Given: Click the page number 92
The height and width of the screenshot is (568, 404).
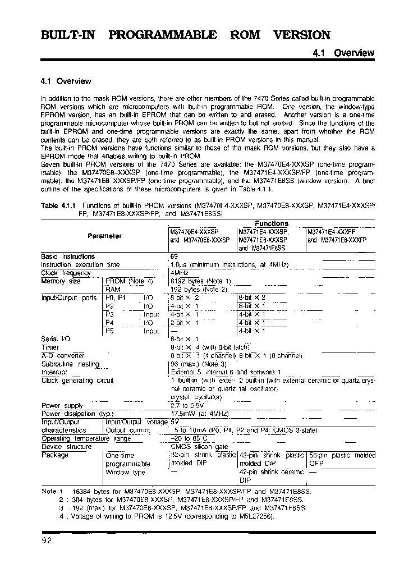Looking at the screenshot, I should tap(47, 540).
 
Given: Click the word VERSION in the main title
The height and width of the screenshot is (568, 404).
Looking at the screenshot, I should tap(301, 35).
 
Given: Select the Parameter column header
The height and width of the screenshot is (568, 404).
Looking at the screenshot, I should tap(104, 236).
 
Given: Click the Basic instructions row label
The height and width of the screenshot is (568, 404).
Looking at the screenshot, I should tap(68, 256).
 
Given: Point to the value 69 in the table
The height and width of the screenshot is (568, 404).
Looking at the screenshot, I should tap(174, 256).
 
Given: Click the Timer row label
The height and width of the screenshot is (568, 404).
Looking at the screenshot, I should tap(50, 347).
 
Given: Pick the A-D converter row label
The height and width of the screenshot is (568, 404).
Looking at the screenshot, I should tap(63, 356).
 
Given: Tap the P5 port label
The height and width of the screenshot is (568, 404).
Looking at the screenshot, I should tap(109, 331).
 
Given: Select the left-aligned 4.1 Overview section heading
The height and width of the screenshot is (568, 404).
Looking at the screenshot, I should tap(66, 81).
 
